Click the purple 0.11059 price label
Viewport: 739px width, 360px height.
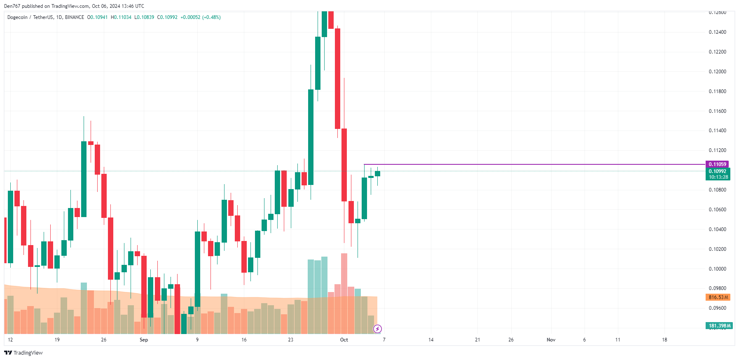[717, 164]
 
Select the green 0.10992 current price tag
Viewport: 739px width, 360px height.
[718, 171]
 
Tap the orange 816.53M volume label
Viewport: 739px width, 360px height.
[718, 297]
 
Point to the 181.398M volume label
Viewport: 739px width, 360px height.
[719, 326]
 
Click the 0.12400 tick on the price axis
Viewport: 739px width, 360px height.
[717, 32]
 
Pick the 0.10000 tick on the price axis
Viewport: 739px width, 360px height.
[717, 269]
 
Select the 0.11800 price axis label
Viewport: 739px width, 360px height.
[717, 91]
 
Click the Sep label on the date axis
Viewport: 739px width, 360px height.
[144, 340]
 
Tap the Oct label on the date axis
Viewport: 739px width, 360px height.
[344, 340]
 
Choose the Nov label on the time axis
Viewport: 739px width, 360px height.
[551, 340]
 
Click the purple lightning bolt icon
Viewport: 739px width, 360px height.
[377, 329]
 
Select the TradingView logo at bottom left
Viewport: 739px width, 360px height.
[23, 353]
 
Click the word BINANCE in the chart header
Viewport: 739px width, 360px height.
[75, 17]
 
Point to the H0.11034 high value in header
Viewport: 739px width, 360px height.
[121, 17]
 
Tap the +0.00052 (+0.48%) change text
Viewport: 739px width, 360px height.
[201, 17]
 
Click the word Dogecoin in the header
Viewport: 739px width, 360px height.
[17, 17]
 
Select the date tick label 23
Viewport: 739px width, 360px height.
[291, 340]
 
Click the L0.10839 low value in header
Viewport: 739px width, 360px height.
[144, 17]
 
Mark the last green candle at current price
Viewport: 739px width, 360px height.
[377, 173]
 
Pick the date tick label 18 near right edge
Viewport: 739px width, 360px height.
[664, 340]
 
